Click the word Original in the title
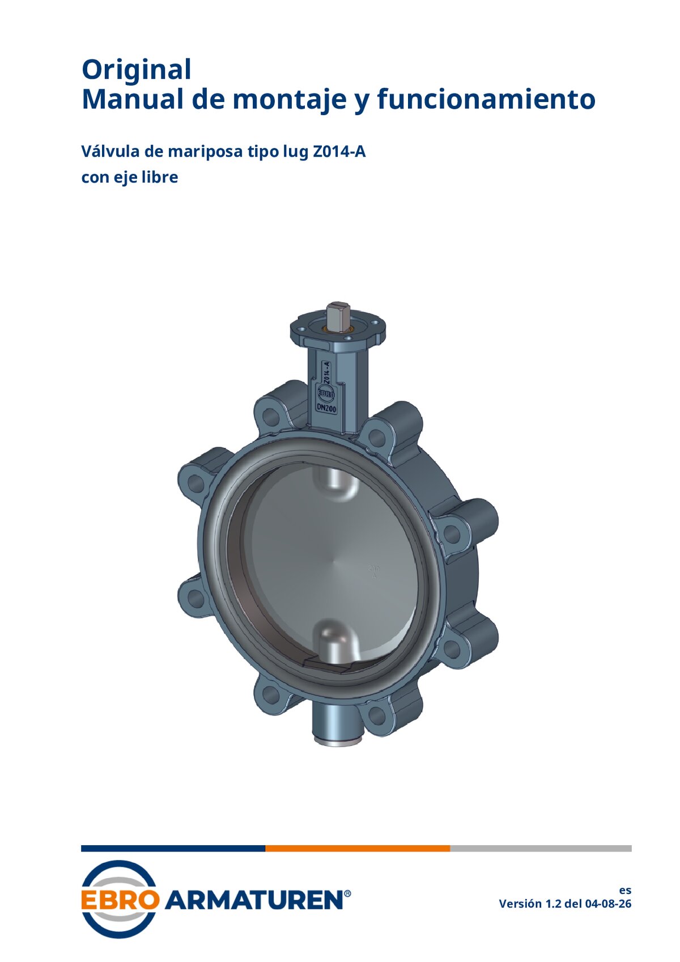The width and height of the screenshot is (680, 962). [136, 70]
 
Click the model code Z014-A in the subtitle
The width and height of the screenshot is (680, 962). [339, 151]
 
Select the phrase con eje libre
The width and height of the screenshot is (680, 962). [130, 177]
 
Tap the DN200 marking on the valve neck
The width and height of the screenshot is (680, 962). [326, 408]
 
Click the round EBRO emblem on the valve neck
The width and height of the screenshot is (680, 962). [326, 392]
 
